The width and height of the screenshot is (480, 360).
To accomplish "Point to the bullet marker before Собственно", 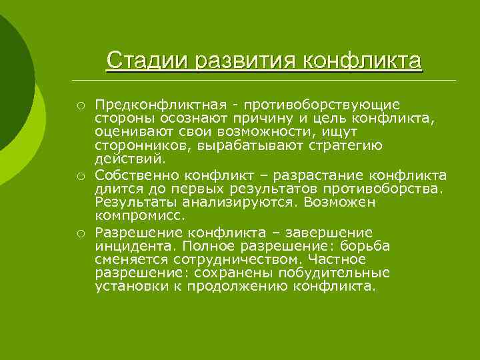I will pyautogui.click(x=79, y=176).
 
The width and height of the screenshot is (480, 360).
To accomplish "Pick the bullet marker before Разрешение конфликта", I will pyautogui.click(x=79, y=233).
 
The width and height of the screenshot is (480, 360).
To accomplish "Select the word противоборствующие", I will pyautogui.click(x=322, y=105).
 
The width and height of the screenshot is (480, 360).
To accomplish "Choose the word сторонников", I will pyautogui.click(x=137, y=146).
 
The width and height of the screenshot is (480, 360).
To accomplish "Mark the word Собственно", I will pyautogui.click(x=137, y=176).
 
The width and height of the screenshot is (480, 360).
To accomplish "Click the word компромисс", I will pyautogui.click(x=139, y=216).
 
